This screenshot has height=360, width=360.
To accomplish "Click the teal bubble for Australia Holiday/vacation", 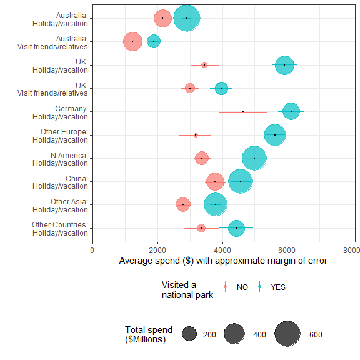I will click(187, 18).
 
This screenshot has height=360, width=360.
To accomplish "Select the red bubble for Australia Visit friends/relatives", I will click(132, 41).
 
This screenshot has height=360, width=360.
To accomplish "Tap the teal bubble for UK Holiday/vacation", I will click(284, 64).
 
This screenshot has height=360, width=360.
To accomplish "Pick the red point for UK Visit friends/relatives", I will click(190, 88).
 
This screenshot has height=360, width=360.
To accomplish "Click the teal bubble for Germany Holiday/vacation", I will click(291, 111).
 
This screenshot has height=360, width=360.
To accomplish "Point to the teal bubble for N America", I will click(254, 157).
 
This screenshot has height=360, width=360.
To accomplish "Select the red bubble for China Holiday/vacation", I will click(215, 181).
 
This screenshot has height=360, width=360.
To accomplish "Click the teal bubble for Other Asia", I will click(216, 204).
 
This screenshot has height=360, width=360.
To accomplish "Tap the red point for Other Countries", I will click(201, 228).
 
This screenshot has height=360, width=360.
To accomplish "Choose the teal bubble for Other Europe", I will click(275, 134).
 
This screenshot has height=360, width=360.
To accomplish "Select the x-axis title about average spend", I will click(222, 261).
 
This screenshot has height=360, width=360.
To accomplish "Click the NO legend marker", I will click(226, 287).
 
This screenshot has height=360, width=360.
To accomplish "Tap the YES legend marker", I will click(259, 287).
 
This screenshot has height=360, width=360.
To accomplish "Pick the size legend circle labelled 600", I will click(287, 334).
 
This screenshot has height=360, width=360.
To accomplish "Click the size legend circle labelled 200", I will click(189, 334).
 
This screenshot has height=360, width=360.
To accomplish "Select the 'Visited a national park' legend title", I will click(187, 290).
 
